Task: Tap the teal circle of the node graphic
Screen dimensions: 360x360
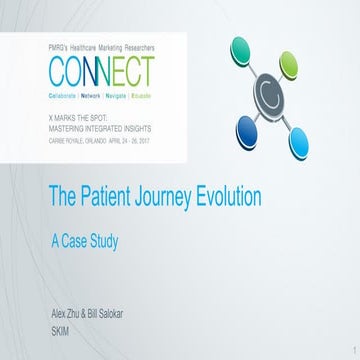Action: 244,50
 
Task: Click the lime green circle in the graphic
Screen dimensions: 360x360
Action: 289,66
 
